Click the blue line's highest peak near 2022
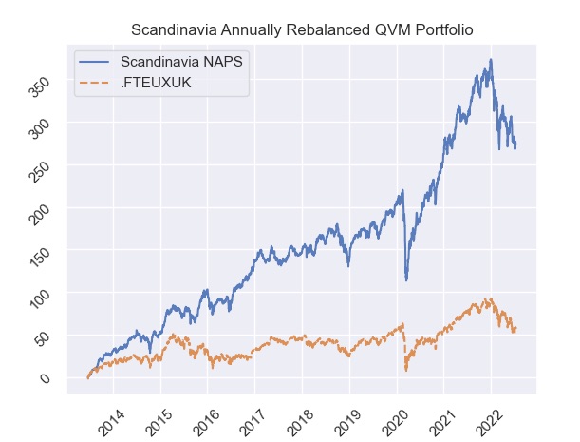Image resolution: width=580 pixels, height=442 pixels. point(491,60)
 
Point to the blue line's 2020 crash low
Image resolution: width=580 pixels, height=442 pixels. point(406,280)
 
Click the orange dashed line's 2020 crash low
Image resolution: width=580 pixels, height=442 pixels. point(405,370)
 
